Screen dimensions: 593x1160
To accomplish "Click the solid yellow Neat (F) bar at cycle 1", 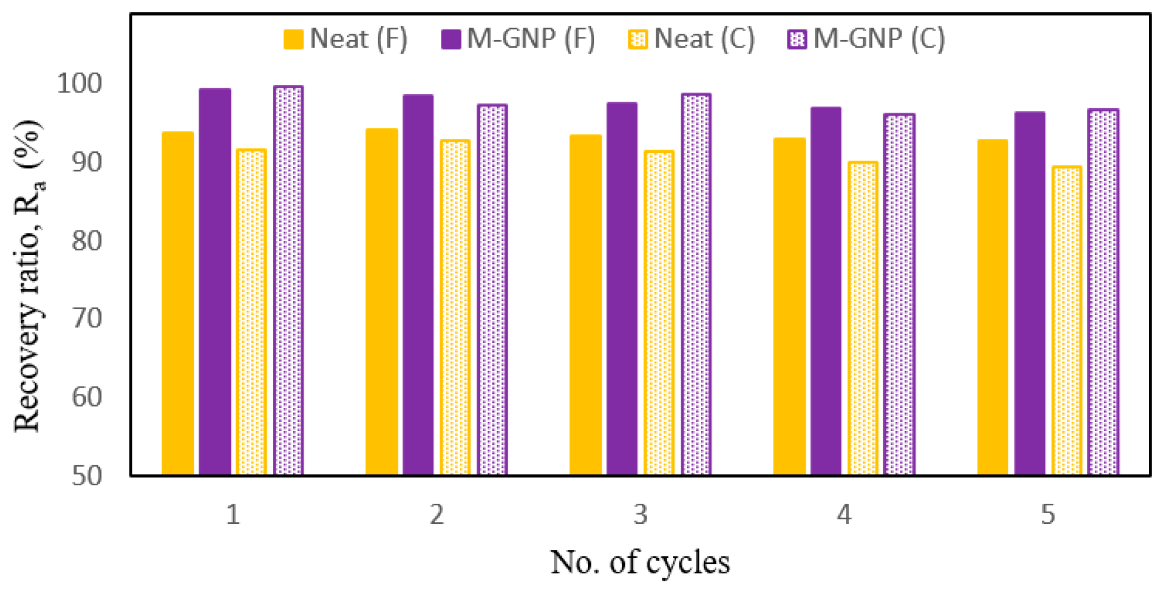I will point(177,304).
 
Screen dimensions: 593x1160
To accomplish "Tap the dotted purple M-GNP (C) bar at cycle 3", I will point(696,285).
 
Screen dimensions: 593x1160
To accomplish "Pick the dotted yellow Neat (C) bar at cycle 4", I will point(863,319).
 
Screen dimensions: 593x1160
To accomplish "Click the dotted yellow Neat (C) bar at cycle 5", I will point(1066,321).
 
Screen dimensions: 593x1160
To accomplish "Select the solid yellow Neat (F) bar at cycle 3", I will point(585,305).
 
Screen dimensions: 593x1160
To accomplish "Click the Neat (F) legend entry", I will point(346,39).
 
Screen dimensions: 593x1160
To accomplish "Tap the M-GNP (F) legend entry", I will point(518,39).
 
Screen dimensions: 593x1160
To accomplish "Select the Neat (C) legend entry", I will point(692,39).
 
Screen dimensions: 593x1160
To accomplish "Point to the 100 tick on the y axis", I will point(80,84).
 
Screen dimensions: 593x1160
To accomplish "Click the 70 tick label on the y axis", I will point(87,319).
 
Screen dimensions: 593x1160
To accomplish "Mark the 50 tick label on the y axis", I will point(87,476).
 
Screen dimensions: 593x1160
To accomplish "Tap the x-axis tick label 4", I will point(844,514).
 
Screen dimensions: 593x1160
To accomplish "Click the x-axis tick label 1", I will point(233,514).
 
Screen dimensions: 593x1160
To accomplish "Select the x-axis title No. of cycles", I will point(640,562).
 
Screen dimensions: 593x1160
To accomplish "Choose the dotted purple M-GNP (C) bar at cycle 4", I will point(899,295).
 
